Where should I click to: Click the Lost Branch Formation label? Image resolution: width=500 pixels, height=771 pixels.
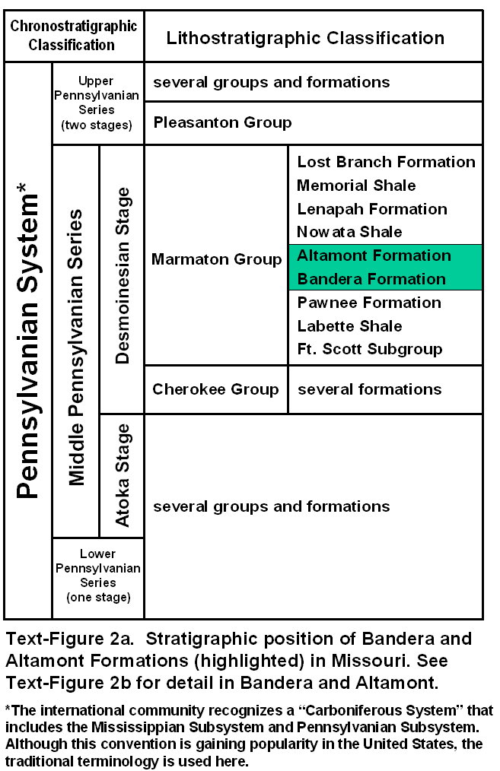[x=386, y=162]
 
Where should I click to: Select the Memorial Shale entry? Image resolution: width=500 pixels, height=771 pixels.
[x=356, y=186]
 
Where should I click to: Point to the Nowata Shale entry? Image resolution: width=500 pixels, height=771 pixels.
[x=349, y=232]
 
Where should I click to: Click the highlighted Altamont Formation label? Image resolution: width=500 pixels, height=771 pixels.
[x=374, y=255]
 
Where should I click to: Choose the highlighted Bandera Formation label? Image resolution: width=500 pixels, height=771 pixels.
[x=371, y=279]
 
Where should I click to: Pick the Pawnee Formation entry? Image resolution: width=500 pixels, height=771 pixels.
[x=369, y=303]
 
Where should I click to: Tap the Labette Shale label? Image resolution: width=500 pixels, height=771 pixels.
[x=349, y=326]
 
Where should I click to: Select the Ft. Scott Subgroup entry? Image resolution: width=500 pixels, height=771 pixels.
[x=370, y=350]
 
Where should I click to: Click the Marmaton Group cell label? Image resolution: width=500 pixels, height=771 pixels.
[x=216, y=260]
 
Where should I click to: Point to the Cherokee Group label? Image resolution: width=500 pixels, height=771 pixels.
[x=215, y=389]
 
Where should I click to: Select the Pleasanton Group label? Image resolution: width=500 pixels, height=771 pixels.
[x=222, y=122]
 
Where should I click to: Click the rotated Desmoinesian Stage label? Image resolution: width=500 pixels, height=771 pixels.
[x=122, y=276]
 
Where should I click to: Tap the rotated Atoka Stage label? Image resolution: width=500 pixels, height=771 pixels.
[x=122, y=475]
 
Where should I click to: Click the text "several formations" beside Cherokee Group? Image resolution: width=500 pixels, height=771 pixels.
[x=369, y=389]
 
